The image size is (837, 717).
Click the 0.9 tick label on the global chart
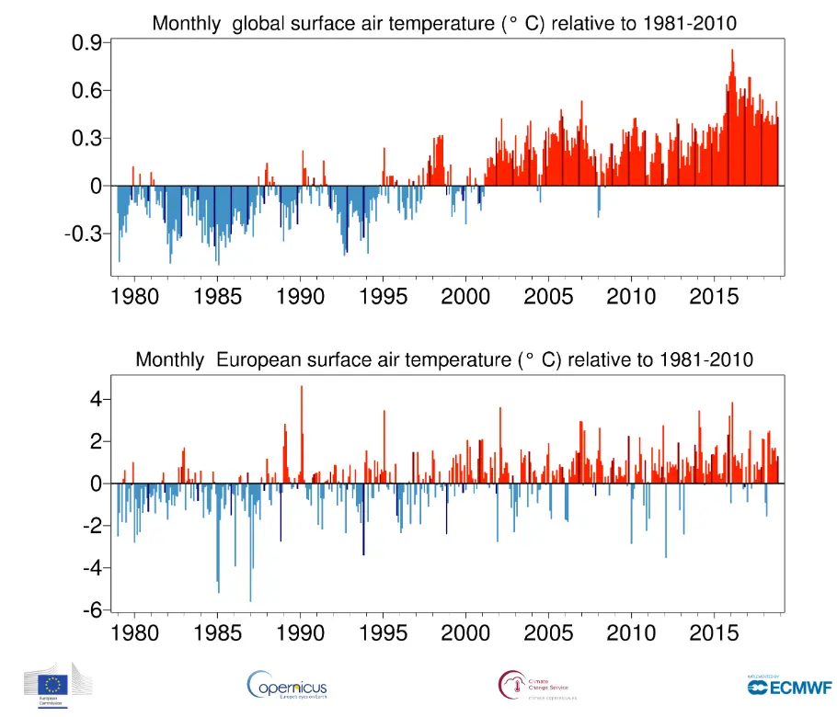tap(86, 42)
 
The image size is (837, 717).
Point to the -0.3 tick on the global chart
tap(82, 233)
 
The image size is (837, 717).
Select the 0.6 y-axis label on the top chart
tap(86, 90)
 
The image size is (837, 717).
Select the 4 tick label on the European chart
tap(95, 399)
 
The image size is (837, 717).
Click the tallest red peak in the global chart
tap(732, 51)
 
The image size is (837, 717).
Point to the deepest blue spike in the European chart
tap(251, 599)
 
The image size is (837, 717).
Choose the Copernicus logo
tap(287, 685)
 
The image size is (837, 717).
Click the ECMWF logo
tap(778, 685)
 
